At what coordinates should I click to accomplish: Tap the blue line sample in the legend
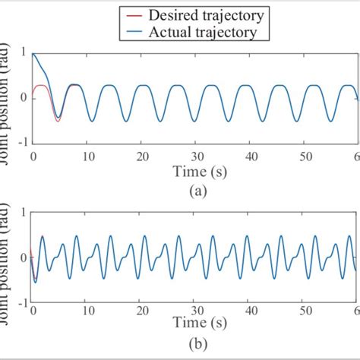tap(134, 33)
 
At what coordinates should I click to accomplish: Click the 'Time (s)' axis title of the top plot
tap(196, 172)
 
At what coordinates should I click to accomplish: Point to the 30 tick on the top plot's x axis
tap(196, 155)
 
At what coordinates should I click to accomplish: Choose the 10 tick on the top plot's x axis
tap(87, 155)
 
